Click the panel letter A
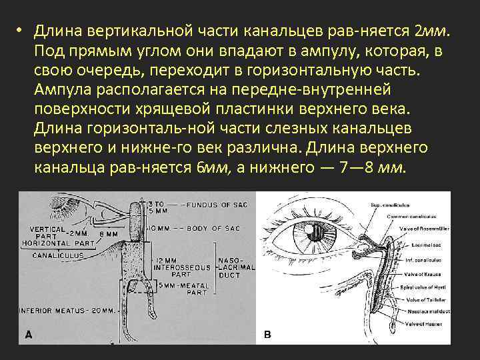29,335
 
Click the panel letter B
267,335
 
